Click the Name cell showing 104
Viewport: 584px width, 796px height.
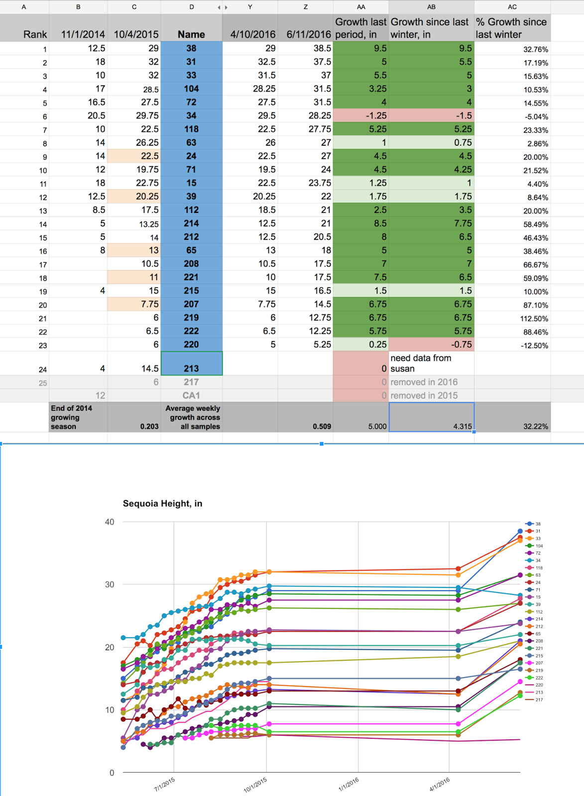click(x=191, y=89)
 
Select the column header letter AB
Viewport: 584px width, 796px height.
click(x=431, y=7)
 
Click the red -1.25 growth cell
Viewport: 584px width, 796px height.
click(x=360, y=115)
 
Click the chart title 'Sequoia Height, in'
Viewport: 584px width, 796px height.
click(x=162, y=503)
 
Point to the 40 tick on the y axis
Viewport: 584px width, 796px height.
click(x=110, y=522)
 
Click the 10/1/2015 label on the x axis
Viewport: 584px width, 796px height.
click(x=255, y=785)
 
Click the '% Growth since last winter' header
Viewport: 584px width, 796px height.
click(x=512, y=28)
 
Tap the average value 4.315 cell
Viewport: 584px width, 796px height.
click(x=431, y=426)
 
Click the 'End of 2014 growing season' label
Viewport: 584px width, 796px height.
click(x=72, y=417)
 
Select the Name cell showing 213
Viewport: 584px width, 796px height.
click(x=191, y=368)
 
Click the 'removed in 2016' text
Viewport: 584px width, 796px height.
click(x=424, y=382)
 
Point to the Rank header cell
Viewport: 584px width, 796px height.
click(x=35, y=34)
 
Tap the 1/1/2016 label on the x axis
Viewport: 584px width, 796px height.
click(x=349, y=784)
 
